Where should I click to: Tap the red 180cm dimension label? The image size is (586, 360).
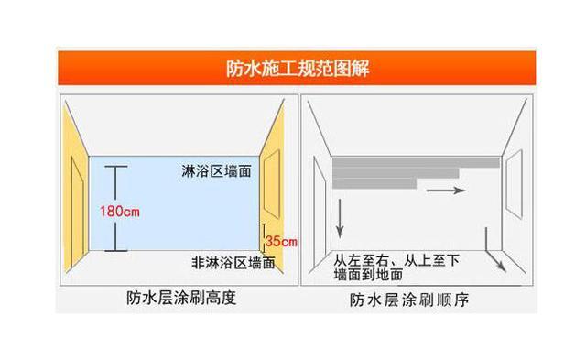(x=119, y=212)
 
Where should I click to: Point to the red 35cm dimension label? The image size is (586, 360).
(x=280, y=242)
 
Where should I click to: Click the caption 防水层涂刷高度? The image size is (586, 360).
(x=180, y=298)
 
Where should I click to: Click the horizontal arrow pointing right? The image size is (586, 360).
(x=447, y=191)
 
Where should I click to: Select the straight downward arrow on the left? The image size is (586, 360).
(x=340, y=216)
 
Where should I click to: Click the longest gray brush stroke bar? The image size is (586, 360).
(x=416, y=162)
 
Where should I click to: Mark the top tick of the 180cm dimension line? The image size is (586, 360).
(x=114, y=167)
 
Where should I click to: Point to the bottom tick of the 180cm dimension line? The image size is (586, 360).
(x=114, y=249)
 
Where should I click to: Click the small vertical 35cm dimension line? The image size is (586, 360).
(x=264, y=236)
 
